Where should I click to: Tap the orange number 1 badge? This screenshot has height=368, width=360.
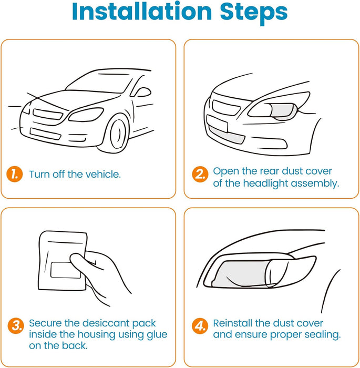point(15,174)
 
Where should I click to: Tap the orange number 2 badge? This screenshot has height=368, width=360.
point(199,175)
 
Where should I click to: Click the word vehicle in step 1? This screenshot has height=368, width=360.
point(103,174)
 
